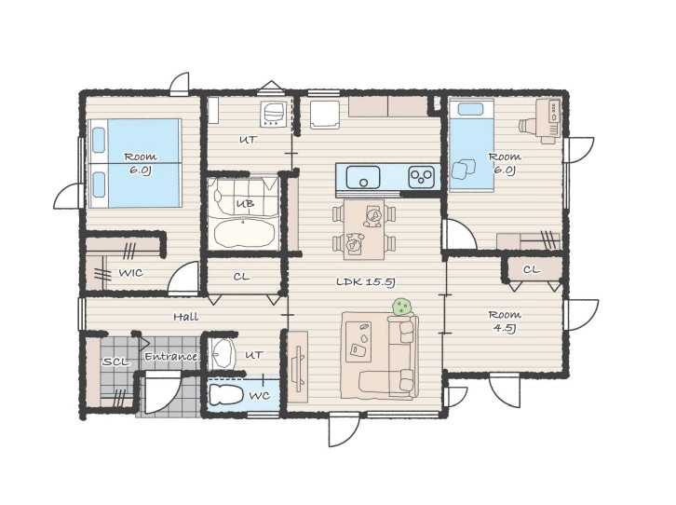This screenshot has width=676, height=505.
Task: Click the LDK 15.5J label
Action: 366,282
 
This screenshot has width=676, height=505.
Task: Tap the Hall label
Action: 186,317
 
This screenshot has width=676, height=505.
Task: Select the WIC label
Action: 130,273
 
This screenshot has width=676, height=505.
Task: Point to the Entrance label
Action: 170,357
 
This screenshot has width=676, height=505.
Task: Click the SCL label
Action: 115,362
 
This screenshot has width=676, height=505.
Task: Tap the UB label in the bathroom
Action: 245,204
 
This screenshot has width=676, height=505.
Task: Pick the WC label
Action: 260,395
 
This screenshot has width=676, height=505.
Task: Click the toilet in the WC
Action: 225,394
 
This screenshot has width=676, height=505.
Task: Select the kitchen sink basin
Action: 363,177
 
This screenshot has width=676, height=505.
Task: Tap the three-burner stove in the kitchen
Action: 421,177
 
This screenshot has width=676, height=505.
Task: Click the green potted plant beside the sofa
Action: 402,307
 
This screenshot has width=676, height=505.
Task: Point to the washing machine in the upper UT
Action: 273,115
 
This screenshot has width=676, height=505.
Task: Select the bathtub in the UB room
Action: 245,233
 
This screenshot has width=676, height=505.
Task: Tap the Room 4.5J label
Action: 505,321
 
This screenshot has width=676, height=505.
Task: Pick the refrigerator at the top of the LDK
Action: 325,115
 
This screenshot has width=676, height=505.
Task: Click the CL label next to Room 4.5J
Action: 531,270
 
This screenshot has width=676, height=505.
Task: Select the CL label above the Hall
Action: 241,277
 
